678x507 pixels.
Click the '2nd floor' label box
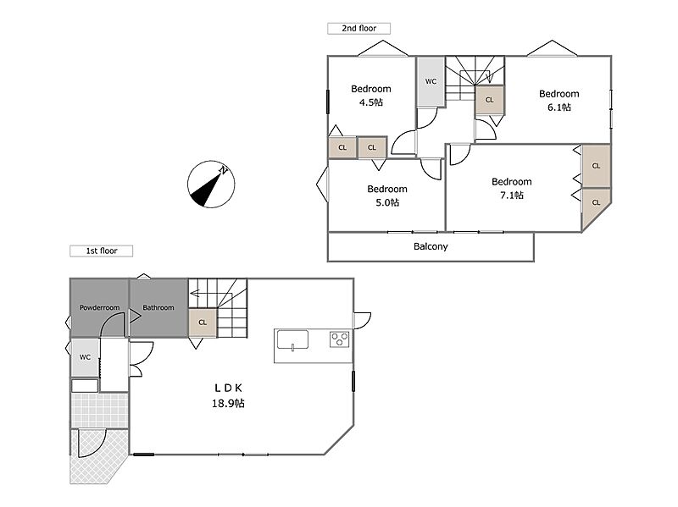click(x=358, y=29)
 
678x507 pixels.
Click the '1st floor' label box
click(x=101, y=251)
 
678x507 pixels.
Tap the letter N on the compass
click(x=223, y=170)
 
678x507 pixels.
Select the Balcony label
click(x=431, y=246)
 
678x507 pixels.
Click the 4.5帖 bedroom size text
click(x=371, y=102)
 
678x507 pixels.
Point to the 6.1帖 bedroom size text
click(x=559, y=107)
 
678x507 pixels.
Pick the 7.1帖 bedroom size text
click(x=512, y=196)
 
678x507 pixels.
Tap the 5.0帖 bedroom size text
click(x=387, y=202)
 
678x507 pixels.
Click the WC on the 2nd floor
click(x=431, y=81)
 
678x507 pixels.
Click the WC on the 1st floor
click(x=86, y=357)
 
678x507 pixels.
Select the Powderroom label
click(x=99, y=307)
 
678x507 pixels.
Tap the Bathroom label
click(x=158, y=307)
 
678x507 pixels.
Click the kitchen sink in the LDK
click(x=292, y=339)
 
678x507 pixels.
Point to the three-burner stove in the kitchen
click(x=340, y=339)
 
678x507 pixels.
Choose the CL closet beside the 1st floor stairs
click(x=203, y=322)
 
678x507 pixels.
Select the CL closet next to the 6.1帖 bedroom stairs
click(x=490, y=100)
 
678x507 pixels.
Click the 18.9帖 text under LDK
click(x=228, y=404)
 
